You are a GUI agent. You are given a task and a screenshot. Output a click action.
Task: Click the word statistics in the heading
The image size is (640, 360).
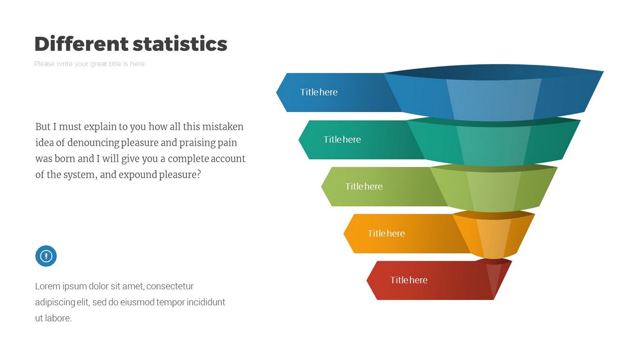pos(180,44)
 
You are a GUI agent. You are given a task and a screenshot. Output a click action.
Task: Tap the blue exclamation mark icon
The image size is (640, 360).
pos(46,256)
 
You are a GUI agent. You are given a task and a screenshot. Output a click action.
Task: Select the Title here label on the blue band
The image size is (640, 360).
pos(318,92)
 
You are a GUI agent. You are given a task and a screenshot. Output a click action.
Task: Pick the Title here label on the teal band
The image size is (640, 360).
pos(342,139)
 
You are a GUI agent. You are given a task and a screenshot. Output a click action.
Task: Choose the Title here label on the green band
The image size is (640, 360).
pos(364,187)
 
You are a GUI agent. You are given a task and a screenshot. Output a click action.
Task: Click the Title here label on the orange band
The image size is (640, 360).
pos(386,233)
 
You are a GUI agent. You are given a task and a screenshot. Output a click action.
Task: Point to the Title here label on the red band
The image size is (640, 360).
pos(408,280)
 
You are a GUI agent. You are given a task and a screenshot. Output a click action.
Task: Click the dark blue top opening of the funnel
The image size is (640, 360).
pos(494,72)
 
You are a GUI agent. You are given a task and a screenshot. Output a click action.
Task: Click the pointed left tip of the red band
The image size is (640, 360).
pos(367,281)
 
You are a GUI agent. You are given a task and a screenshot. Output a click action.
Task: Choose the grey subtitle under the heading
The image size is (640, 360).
pos(90,64)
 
